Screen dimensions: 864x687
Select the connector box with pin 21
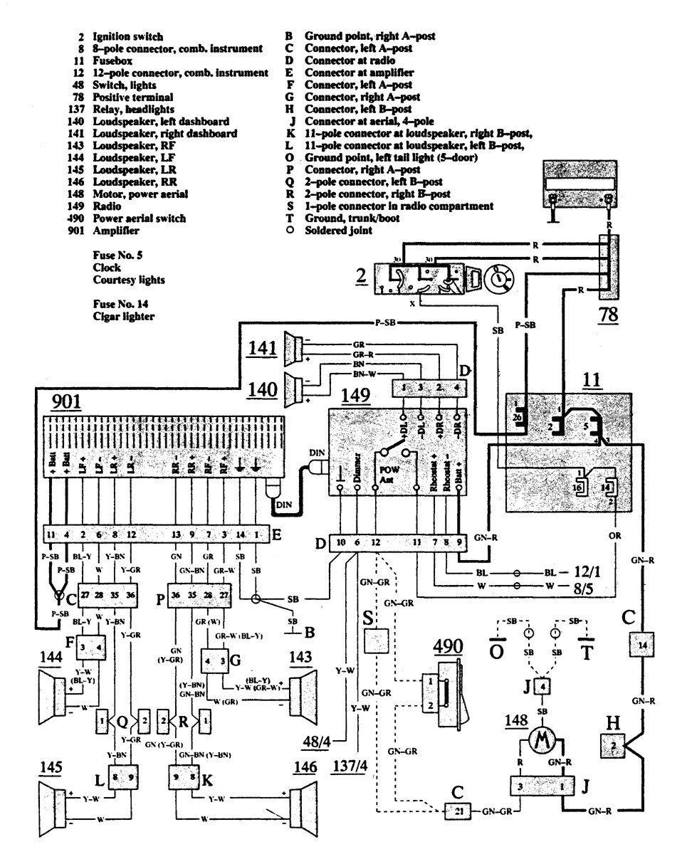pyautogui.click(x=453, y=811)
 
